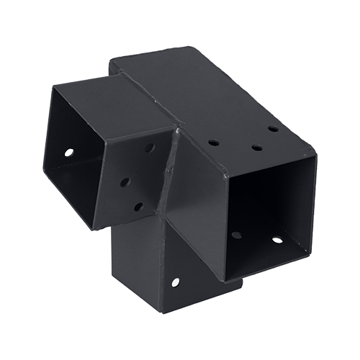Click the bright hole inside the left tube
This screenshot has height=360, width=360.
click(x=69, y=153)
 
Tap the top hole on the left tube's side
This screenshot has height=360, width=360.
click(x=149, y=148)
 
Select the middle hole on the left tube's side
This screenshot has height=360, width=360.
click(x=124, y=182)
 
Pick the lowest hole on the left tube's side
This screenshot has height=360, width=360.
click(x=138, y=207)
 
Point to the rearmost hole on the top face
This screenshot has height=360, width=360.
click(x=273, y=129)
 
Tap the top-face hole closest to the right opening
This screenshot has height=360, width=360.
click(x=256, y=148)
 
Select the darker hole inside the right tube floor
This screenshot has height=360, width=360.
click(x=236, y=235)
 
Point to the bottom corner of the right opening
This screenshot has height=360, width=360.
click(x=225, y=282)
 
